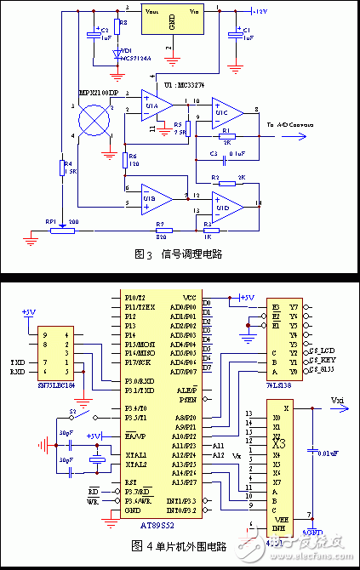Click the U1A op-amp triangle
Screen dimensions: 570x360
click(x=156, y=105)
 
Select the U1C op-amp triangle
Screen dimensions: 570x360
click(x=227, y=110)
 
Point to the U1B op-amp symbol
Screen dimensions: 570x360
click(x=156, y=198)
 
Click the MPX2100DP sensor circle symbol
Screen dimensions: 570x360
click(x=95, y=118)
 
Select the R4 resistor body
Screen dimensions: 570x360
click(x=62, y=168)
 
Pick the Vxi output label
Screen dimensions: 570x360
click(x=336, y=399)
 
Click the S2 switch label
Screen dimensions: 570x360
click(x=71, y=411)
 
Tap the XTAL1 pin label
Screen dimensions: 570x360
click(x=135, y=455)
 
